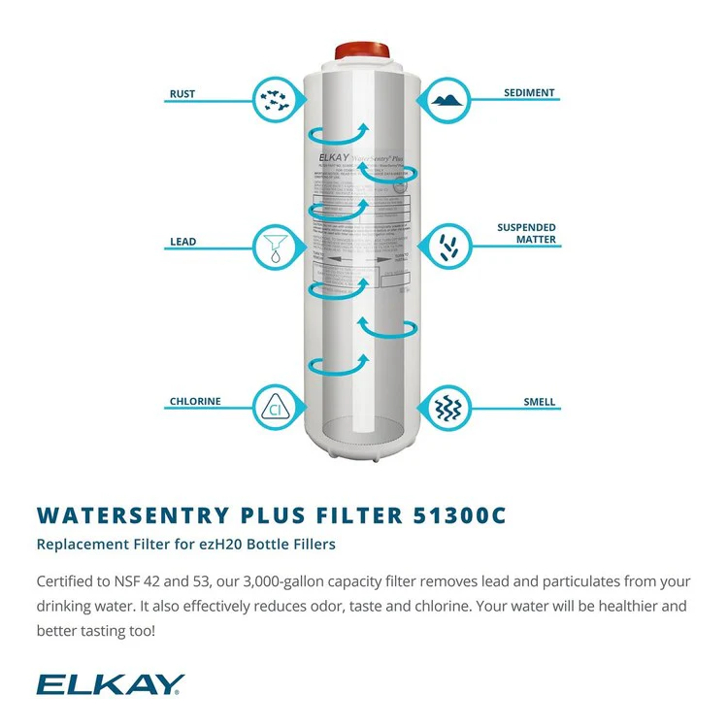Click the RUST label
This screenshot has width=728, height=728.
[x=182, y=94]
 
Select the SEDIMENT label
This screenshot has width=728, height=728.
[x=529, y=93]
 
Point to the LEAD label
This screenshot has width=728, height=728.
[x=182, y=242]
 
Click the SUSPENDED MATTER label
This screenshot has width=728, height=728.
[x=527, y=234]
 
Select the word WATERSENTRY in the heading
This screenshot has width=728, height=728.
[x=125, y=516]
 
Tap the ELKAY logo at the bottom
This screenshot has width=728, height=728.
[x=109, y=685]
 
